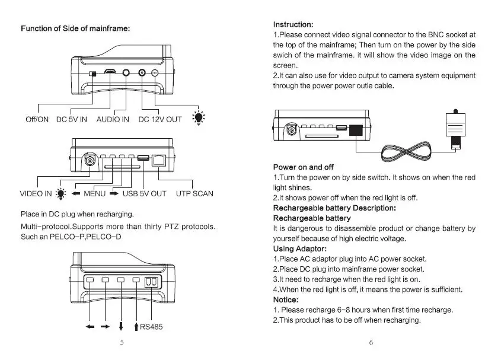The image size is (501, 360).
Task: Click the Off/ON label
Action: tap(37, 119)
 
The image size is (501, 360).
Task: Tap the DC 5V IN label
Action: tap(72, 119)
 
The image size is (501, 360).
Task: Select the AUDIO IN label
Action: tap(113, 119)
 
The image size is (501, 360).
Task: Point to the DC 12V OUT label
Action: tap(160, 119)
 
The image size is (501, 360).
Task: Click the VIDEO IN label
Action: tap(36, 193)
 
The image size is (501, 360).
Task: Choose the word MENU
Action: tap(94, 193)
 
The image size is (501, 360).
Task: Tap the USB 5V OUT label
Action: tap(145, 193)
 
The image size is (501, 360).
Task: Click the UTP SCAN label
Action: tap(194, 193)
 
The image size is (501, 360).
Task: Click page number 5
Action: tap(122, 342)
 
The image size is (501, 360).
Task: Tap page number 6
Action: tap(371, 342)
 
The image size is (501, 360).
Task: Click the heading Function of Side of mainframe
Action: tap(75, 28)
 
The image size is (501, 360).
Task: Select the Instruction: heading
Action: tap(293, 24)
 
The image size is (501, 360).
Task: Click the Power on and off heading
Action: tap(304, 167)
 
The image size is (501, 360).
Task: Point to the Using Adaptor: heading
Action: tap(299, 249)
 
